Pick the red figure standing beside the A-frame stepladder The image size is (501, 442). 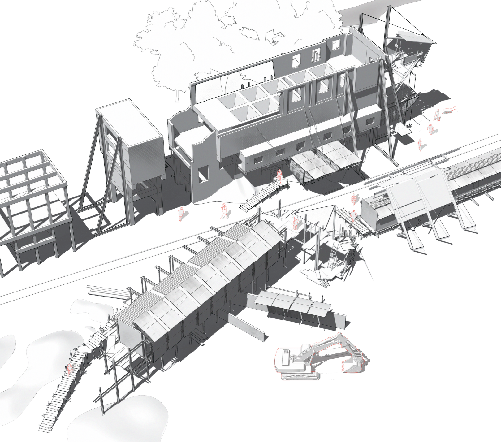point(430,128)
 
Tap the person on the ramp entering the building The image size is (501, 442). point(279,175)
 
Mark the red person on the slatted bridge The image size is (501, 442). point(353,214)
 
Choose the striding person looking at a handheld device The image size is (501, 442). point(224,211)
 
